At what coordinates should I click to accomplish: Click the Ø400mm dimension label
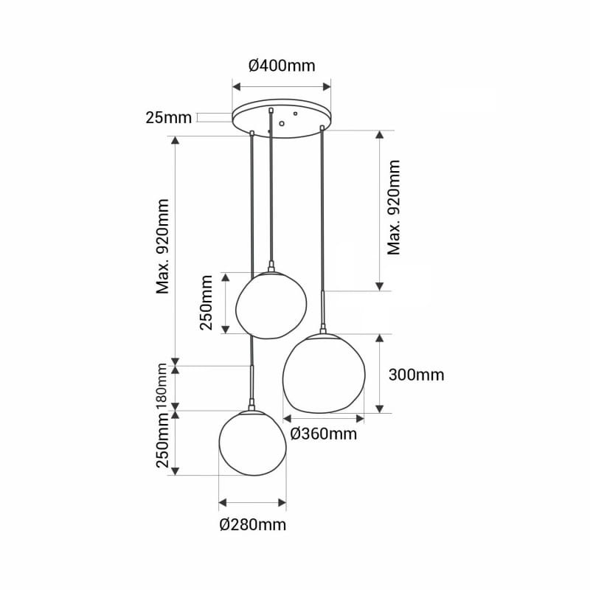(x=282, y=66)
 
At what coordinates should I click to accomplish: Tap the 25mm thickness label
(x=169, y=118)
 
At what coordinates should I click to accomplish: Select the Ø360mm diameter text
(x=324, y=434)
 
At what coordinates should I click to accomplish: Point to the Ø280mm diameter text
(x=253, y=524)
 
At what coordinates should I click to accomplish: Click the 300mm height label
(x=416, y=375)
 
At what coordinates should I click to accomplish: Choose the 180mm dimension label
(x=162, y=388)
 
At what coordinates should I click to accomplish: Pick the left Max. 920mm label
(x=163, y=246)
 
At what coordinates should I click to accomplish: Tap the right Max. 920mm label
(x=394, y=207)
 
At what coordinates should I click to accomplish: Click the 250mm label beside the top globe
(x=206, y=302)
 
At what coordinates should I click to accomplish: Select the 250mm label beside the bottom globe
(x=162, y=440)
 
